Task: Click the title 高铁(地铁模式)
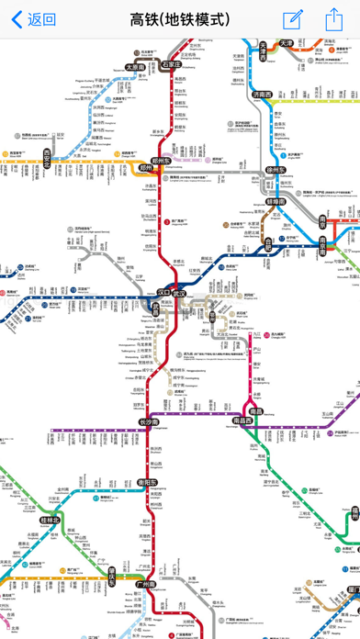(180, 19)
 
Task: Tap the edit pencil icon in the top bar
(293, 19)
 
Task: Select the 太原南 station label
(137, 67)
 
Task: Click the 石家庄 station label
(172, 64)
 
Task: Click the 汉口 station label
(163, 293)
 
